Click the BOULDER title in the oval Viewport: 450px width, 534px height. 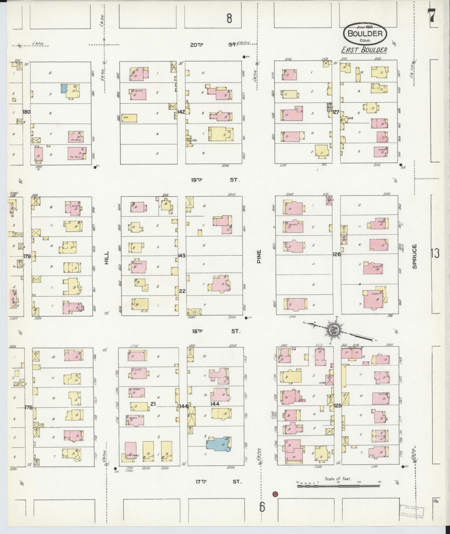pyautogui.click(x=365, y=33)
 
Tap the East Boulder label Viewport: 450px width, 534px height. pyautogui.click(x=364, y=50)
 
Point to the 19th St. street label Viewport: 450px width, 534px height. pyautogui.click(x=215, y=180)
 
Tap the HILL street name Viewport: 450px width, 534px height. pyautogui.click(x=107, y=258)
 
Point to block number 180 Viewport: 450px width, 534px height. pyautogui.click(x=26, y=112)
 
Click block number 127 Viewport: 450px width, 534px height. pyautogui.click(x=336, y=112)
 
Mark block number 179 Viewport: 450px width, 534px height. pyautogui.click(x=27, y=256)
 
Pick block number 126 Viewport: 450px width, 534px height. pyautogui.click(x=336, y=254)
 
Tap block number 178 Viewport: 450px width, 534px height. pyautogui.click(x=28, y=407)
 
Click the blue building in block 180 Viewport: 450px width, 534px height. pyautogui.click(x=64, y=88)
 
